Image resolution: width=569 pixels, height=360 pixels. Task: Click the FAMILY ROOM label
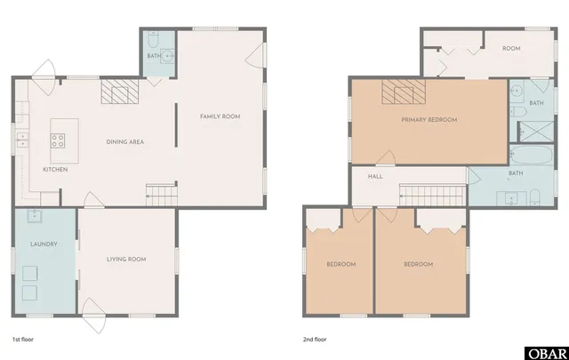click(x=220, y=116)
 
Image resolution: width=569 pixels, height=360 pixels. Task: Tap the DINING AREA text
click(x=125, y=142)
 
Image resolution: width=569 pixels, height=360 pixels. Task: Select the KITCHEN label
click(x=55, y=169)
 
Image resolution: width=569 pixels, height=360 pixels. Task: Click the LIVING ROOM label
click(x=126, y=259)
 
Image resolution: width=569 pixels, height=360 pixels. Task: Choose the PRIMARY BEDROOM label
click(x=429, y=119)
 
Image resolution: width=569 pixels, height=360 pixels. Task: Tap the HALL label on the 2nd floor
click(x=375, y=176)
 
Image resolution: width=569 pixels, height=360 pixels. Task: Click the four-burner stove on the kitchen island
click(x=57, y=140)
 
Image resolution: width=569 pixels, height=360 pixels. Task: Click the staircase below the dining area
click(x=160, y=193)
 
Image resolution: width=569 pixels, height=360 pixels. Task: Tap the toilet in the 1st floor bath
click(x=154, y=41)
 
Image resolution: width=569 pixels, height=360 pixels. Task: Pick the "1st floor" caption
click(x=22, y=339)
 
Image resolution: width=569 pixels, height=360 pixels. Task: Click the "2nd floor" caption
click(x=316, y=339)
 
